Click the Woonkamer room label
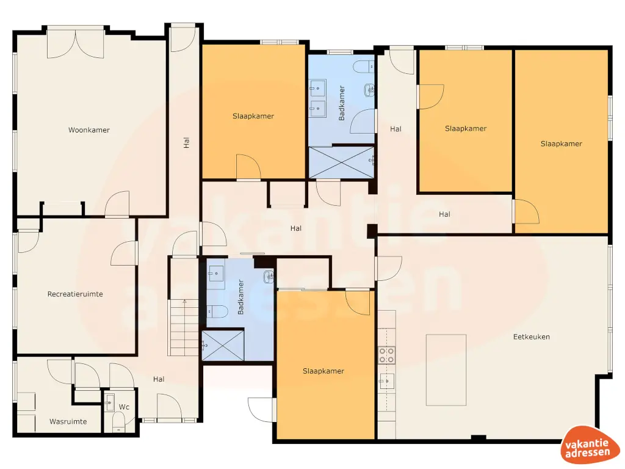pos(89,129)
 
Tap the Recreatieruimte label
pos(75,294)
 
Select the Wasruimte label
pos(68,421)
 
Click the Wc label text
pos(124,407)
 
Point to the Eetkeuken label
pos(532,336)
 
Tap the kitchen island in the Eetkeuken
pos(446,369)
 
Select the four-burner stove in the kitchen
pos(387,355)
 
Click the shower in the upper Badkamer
pos(341,162)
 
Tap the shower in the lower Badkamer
pos(223,345)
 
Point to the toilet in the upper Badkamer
pos(364,65)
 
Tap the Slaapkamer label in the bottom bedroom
pos(323,371)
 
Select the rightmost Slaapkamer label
pos(561,144)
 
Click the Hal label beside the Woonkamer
pos(186,142)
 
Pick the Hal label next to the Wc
pos(159,379)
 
